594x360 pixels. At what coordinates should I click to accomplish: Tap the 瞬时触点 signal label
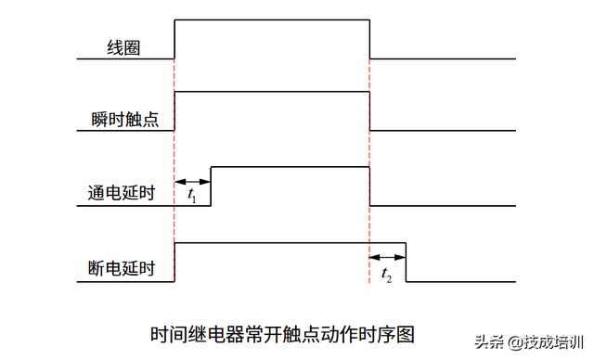pos(123,120)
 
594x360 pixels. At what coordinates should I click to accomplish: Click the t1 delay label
pos(192,196)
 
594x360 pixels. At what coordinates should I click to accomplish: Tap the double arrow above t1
pos(193,181)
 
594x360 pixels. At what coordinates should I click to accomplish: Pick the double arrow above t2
pos(388,257)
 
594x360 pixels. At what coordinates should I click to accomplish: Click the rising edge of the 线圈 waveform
pos(174,38)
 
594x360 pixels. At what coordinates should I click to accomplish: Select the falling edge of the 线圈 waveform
pos(369,38)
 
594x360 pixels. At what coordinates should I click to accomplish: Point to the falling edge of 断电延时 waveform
pos(407,262)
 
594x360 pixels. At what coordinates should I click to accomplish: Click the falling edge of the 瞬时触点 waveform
pos(369,111)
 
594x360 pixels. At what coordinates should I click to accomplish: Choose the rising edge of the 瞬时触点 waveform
pos(174,111)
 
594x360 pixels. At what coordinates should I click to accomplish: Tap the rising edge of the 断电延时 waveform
pos(174,262)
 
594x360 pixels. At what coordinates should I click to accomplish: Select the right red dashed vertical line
pos(369,223)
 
